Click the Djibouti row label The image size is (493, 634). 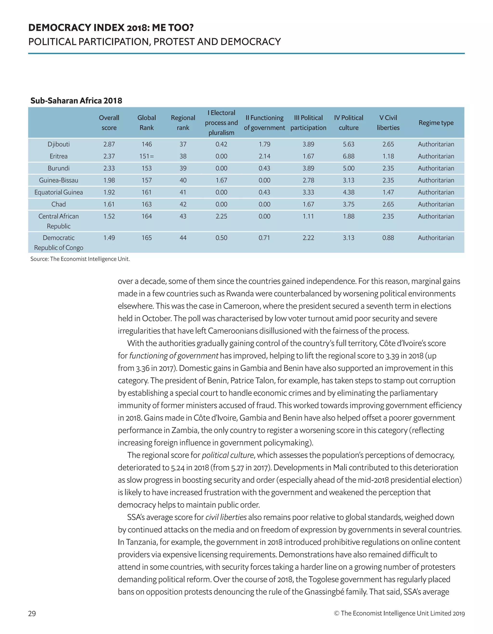click(58, 144)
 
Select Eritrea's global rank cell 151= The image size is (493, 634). click(147, 156)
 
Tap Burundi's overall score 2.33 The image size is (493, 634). click(109, 168)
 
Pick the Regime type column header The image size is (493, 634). click(436, 123)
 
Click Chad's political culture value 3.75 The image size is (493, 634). click(349, 204)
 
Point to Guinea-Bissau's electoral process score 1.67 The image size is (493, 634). click(221, 180)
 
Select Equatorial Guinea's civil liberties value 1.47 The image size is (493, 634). click(388, 192)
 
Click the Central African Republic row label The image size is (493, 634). click(58, 221)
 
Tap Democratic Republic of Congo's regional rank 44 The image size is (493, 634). click(183, 238)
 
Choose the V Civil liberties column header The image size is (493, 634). click(388, 123)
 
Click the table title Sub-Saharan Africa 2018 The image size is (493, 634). click(76, 101)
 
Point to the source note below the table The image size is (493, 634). click(80, 259)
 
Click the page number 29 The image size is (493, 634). click(32, 613)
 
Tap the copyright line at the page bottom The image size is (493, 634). click(399, 613)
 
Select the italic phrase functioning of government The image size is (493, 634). click(174, 356)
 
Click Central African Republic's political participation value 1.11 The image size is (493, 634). click(308, 216)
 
